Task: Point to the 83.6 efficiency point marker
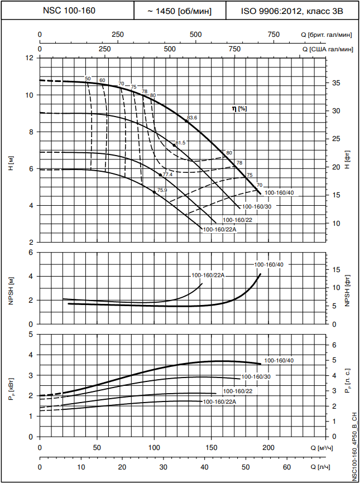(186, 120)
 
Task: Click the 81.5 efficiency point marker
(174, 145)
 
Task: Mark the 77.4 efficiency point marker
(161, 175)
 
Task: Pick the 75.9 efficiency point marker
(155, 192)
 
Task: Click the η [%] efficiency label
(239, 108)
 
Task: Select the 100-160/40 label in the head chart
(279, 193)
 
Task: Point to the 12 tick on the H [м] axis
(30, 58)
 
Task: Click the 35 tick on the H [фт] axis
(335, 83)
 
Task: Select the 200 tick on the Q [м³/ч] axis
(268, 448)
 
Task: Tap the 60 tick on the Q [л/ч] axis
(286, 467)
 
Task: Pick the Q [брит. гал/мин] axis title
(328, 35)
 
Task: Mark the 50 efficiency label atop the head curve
(88, 79)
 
